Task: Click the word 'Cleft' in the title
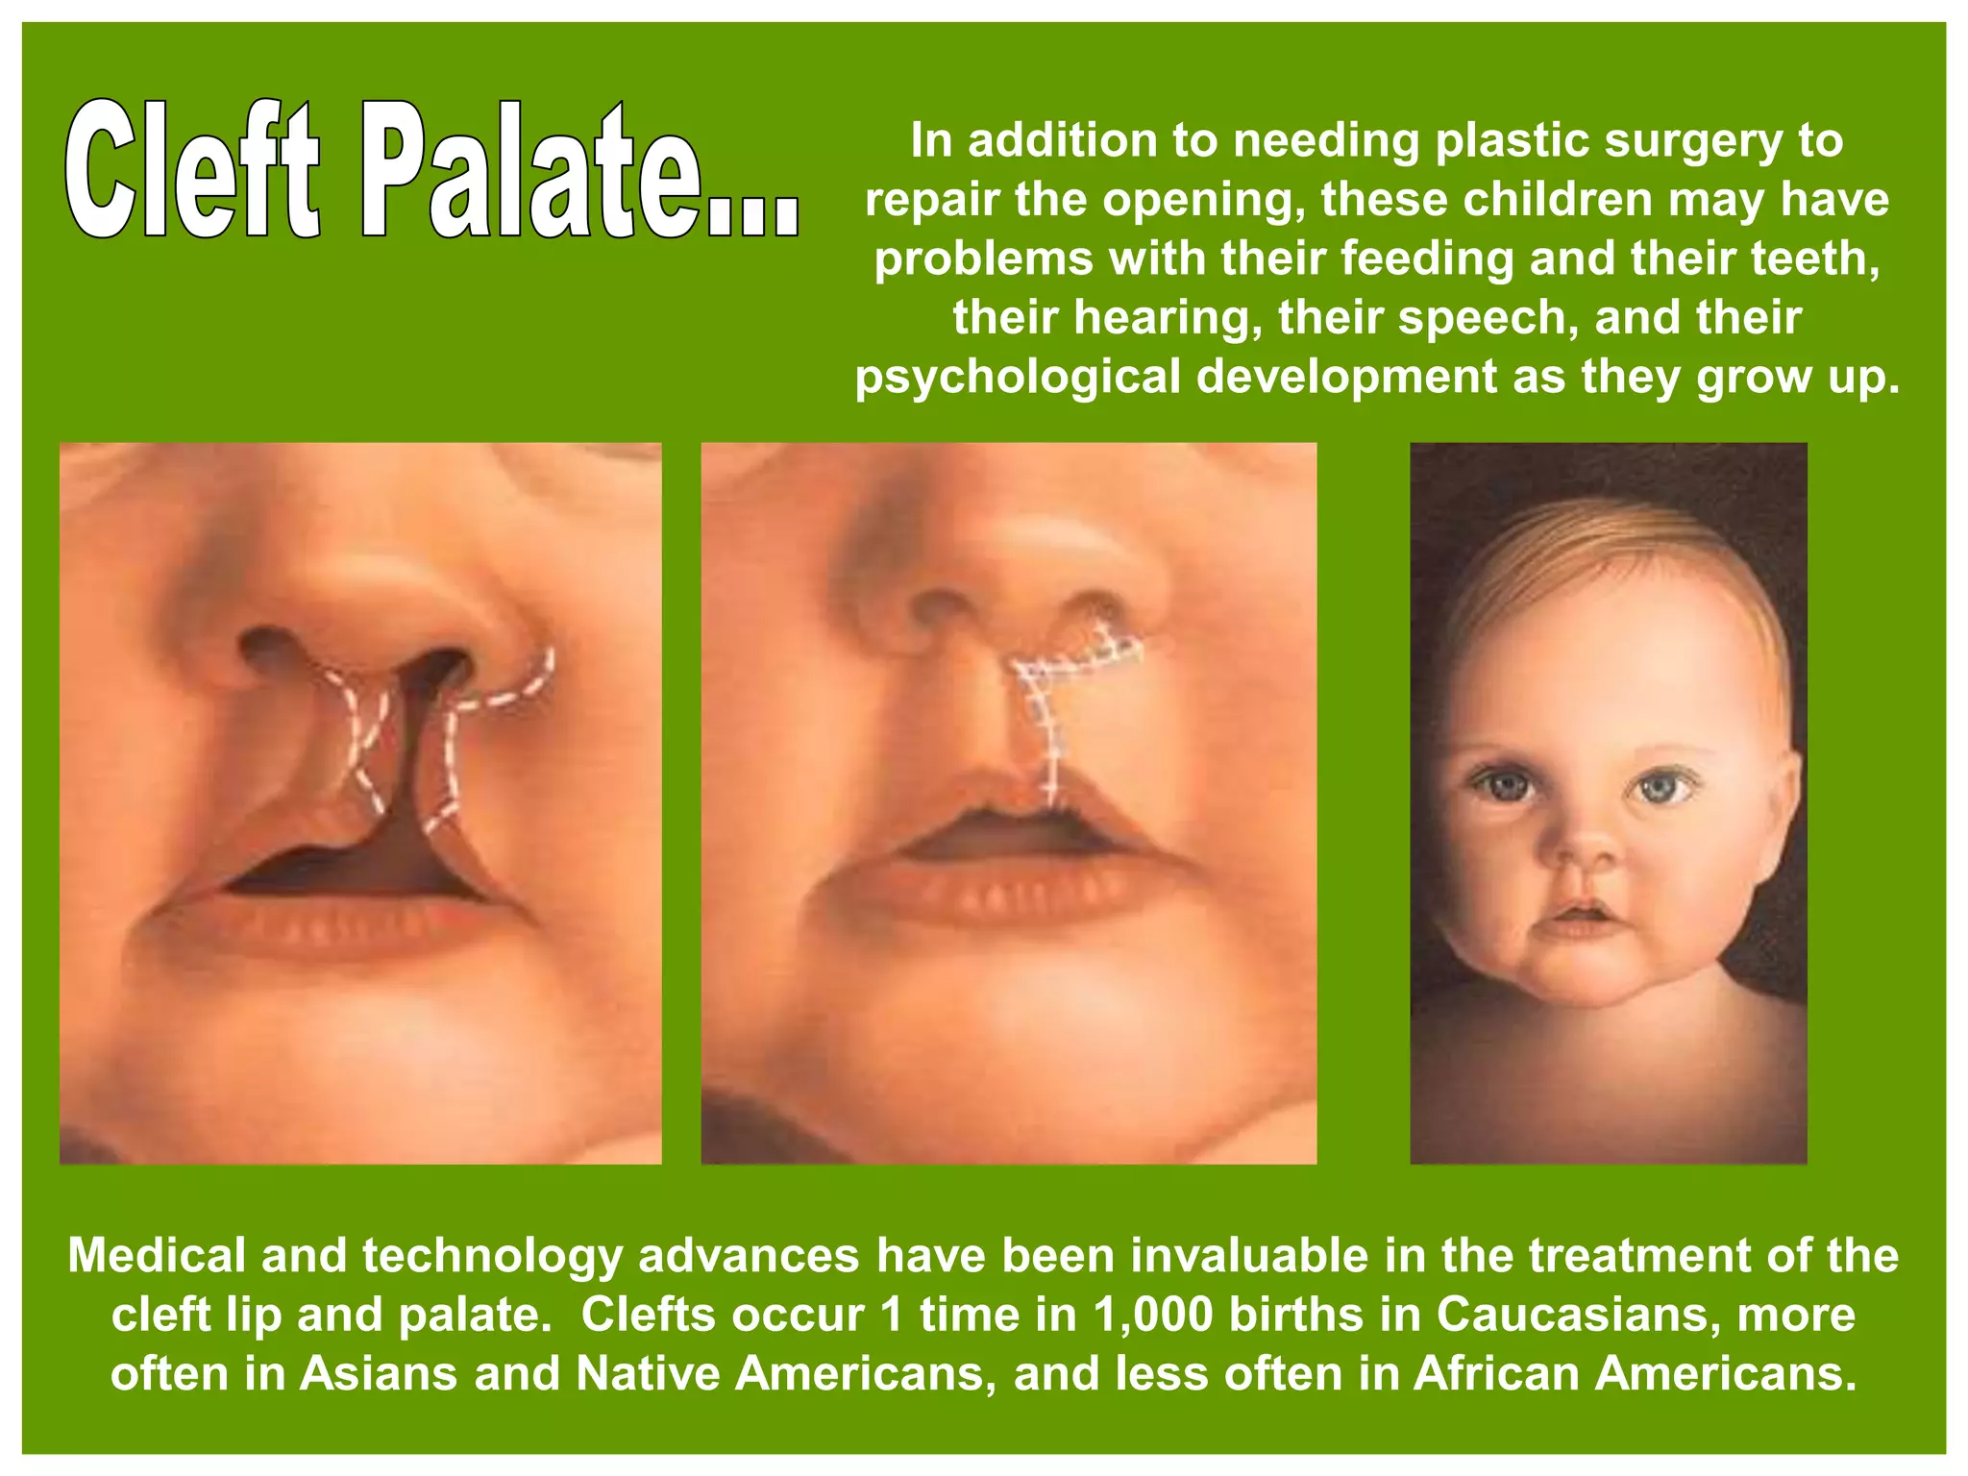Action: pos(192,170)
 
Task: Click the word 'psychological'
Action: pos(1018,377)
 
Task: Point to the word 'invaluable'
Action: pos(1249,1256)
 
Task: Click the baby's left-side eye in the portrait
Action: pos(1503,786)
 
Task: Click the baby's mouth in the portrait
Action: pos(1584,913)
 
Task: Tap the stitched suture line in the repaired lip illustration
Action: pos(1049,730)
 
